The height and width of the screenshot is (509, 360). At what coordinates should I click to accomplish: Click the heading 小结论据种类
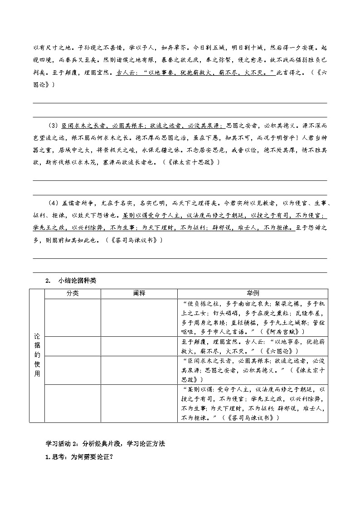tap(78, 281)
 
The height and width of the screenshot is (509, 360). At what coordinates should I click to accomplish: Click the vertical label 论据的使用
tap(37, 355)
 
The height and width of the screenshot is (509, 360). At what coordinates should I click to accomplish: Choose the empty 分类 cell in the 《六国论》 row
tap(73, 346)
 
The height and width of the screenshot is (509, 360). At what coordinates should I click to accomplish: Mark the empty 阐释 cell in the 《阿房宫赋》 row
tap(139, 317)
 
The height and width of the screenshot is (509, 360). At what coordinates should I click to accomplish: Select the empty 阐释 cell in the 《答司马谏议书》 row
tap(139, 403)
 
